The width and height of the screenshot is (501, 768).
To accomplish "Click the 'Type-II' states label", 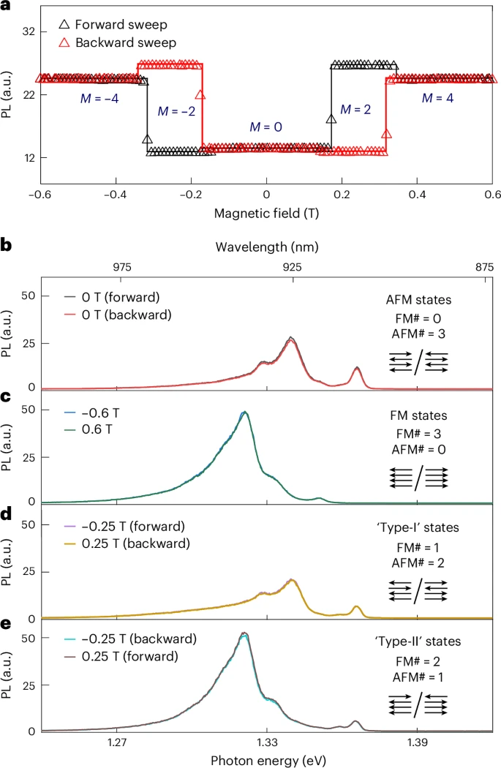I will tap(414, 641).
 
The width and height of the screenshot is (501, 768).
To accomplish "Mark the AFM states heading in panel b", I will tap(415, 300).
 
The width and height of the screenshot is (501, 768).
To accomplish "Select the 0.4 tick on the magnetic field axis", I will tap(417, 195).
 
